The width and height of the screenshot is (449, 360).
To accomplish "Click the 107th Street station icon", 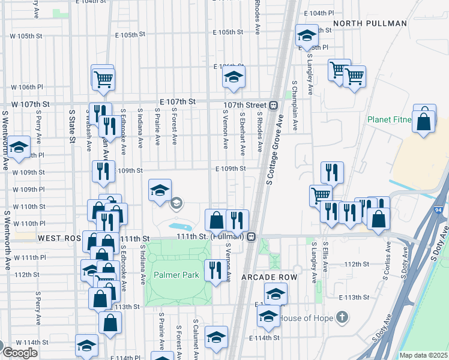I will [273, 105].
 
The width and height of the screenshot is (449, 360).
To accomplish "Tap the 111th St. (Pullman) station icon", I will [253, 236].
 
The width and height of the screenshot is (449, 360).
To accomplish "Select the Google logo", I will [20, 352].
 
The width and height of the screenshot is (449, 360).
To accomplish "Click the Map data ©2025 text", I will [424, 355].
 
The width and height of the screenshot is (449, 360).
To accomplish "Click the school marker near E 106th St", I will [234, 76].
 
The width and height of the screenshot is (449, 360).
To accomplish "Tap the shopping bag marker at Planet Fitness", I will [424, 119].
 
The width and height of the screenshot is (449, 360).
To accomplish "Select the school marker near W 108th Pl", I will [19, 146].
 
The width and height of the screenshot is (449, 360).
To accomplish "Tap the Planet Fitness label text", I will [390, 120].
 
